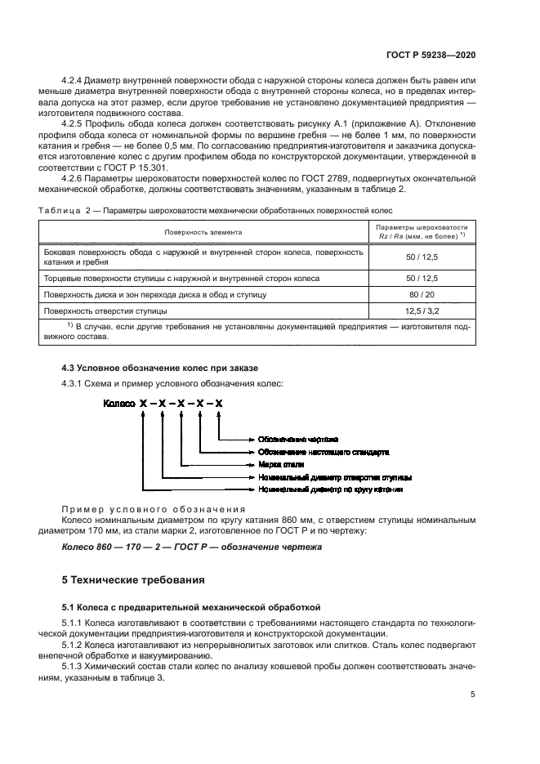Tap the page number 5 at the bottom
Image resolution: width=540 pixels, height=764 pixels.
(x=473, y=695)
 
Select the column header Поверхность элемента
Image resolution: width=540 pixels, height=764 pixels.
(x=203, y=232)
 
